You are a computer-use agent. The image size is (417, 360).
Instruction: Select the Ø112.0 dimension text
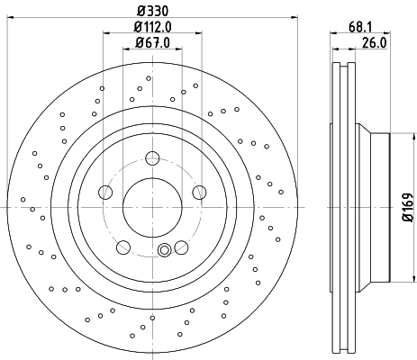tap(152, 27)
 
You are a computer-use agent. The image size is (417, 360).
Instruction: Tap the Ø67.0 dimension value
tap(152, 42)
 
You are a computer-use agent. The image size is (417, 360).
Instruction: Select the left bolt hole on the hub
tap(106, 192)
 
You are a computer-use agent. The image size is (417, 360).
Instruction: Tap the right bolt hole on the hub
tap(198, 192)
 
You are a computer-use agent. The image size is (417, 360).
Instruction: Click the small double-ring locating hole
tap(164, 251)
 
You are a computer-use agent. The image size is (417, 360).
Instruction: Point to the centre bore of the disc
tap(152, 206)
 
